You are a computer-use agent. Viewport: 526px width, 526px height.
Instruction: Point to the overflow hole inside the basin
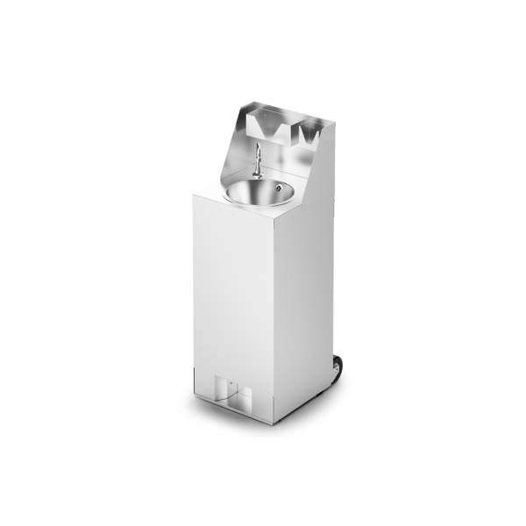click(278, 187)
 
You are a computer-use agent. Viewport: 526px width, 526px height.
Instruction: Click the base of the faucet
click(256, 174)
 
